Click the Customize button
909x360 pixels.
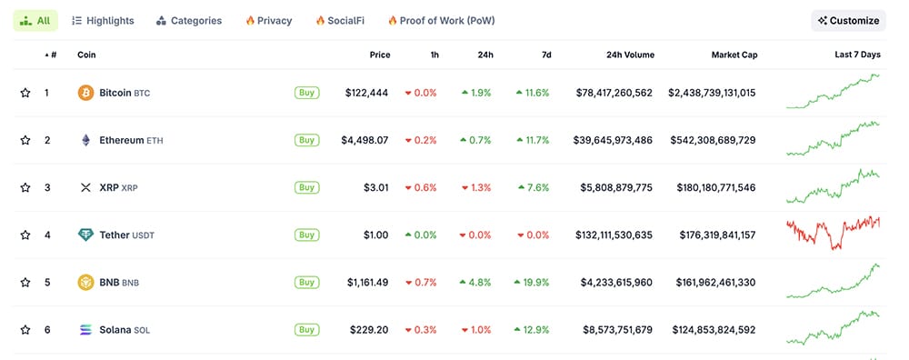click(x=848, y=20)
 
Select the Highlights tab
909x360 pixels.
click(x=103, y=20)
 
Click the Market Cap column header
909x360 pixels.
click(x=734, y=55)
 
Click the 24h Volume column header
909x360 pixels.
click(x=630, y=55)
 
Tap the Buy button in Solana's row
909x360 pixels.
click(x=306, y=329)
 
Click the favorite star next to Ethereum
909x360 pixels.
click(x=25, y=140)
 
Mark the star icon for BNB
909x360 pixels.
click(x=25, y=282)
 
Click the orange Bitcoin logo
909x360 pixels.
click(x=85, y=93)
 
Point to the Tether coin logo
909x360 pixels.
click(x=85, y=235)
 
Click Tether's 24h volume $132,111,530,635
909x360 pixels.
click(x=614, y=235)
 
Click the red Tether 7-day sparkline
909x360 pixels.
click(x=833, y=233)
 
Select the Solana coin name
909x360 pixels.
click(x=115, y=329)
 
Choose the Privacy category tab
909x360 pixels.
click(x=270, y=20)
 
